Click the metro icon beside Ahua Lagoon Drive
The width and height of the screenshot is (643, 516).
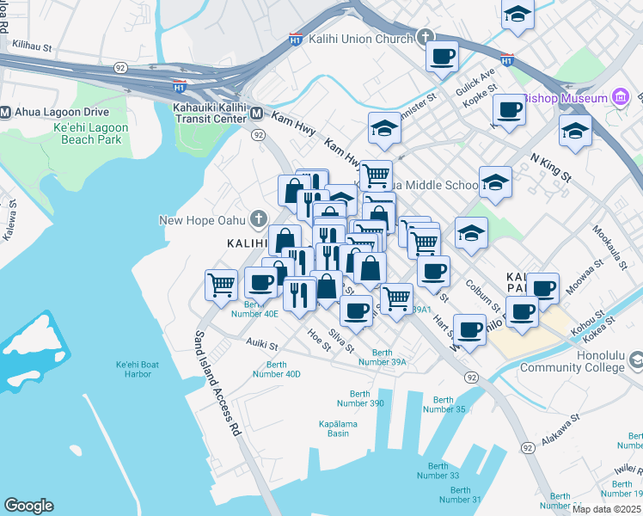(x=6, y=112)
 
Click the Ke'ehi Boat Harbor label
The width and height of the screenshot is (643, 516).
(x=138, y=370)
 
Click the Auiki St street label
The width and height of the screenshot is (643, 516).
(x=262, y=346)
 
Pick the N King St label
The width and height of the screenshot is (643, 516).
(x=551, y=167)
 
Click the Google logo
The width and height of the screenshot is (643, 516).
(x=28, y=505)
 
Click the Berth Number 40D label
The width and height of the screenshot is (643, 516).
(x=277, y=369)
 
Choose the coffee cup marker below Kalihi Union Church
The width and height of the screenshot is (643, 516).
(x=442, y=56)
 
